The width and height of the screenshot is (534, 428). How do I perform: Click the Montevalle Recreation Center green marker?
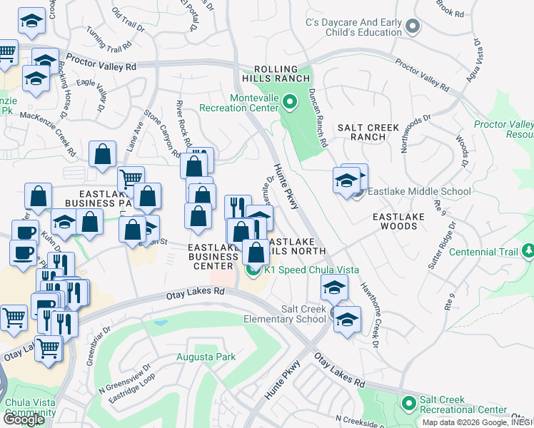pyautogui.click(x=289, y=102)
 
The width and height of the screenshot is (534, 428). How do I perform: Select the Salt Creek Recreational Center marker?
pyautogui.click(x=408, y=404)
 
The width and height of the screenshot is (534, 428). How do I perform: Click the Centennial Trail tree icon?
pyautogui.click(x=528, y=251)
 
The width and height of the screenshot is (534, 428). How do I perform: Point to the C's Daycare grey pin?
pyautogui.click(x=412, y=27)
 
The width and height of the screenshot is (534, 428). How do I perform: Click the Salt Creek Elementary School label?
pyautogui.click(x=283, y=314)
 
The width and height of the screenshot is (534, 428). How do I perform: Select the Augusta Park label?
pyautogui.click(x=206, y=356)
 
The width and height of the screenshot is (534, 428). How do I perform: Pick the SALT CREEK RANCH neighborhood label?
pyautogui.click(x=368, y=132)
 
